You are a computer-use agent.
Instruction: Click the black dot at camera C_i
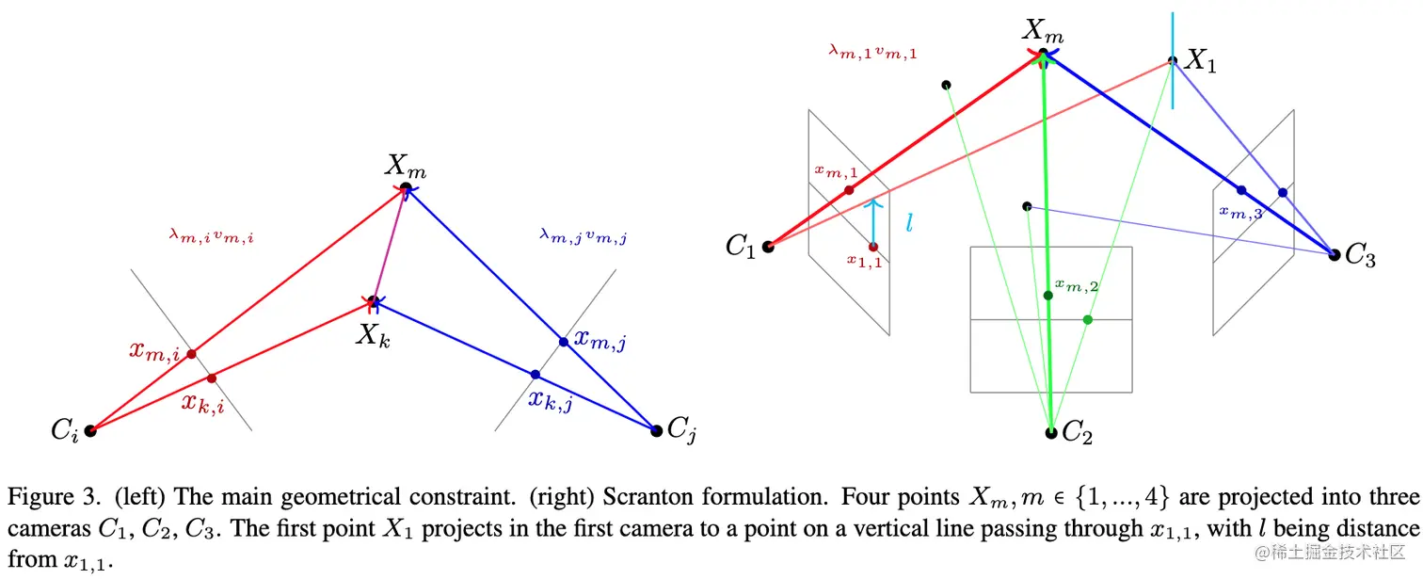tap(90, 430)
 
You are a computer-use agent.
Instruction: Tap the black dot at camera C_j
tap(656, 430)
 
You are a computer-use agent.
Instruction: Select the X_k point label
tap(372, 334)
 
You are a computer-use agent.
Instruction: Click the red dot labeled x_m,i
tap(191, 354)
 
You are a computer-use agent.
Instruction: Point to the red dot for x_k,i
tap(211, 378)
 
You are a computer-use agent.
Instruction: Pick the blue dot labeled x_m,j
tap(563, 342)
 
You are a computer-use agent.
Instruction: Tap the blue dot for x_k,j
tap(536, 375)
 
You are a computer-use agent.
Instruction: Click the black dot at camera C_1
tap(768, 247)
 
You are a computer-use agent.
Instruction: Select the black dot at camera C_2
tap(1051, 432)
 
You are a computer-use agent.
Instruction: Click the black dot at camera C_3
tap(1334, 254)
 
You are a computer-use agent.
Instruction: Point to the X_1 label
tap(1200, 62)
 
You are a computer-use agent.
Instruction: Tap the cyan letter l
tap(909, 223)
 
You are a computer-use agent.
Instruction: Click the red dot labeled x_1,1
tap(873, 247)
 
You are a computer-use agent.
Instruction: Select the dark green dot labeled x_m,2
tap(1047, 295)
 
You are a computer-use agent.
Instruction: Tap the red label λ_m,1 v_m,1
tap(872, 53)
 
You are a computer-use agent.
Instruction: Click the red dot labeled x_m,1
tap(849, 190)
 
